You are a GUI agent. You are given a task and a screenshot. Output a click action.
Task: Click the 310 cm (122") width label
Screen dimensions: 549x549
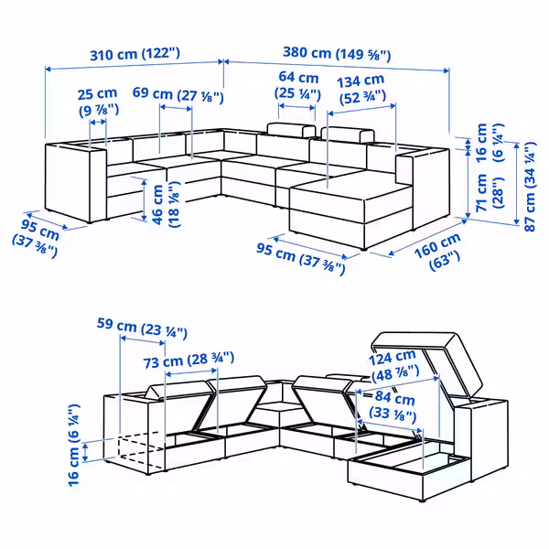point(134,54)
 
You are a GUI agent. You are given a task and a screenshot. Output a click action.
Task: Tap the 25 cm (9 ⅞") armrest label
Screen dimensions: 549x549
point(97,102)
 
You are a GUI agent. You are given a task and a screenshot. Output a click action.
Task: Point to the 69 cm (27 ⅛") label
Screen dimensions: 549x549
point(178,93)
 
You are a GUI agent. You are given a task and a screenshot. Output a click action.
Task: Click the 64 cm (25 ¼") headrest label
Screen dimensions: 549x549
point(298,85)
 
